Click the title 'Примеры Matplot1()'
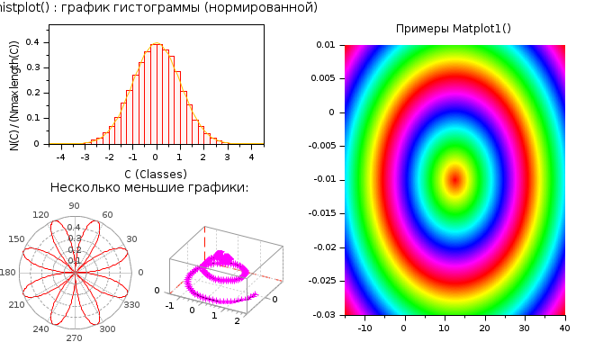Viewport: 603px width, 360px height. (x=454, y=29)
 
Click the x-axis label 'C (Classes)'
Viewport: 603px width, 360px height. (x=156, y=173)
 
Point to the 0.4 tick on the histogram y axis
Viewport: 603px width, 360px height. (x=32, y=41)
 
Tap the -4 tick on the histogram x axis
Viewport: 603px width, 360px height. (x=60, y=157)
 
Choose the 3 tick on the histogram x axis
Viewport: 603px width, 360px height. (x=227, y=157)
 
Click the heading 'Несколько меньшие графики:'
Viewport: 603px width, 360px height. (x=149, y=187)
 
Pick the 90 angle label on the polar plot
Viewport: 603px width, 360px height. (x=75, y=206)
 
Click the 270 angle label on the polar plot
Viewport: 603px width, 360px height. (x=75, y=338)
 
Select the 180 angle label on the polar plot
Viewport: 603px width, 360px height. (x=8, y=273)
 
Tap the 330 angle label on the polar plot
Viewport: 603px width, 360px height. (x=131, y=305)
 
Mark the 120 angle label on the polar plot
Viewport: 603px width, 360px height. (x=40, y=215)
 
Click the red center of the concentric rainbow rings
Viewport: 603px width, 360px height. (x=454, y=178)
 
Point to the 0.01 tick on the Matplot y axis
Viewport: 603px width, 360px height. (x=326, y=44)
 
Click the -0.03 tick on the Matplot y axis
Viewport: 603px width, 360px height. (x=323, y=314)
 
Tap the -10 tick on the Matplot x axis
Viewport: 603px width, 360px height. (x=365, y=328)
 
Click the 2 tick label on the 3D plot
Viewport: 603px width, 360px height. (x=236, y=321)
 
